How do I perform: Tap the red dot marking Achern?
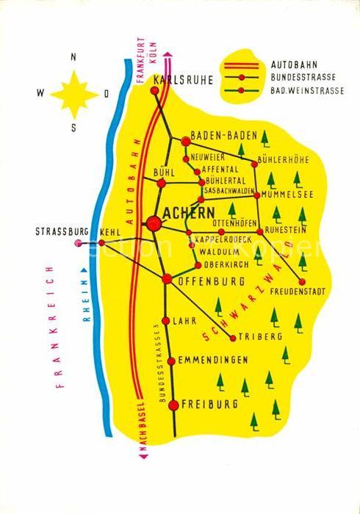coord(154,222)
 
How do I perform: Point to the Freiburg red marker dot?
coord(173,405)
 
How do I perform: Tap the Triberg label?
coord(261,337)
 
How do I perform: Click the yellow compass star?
coord(73,93)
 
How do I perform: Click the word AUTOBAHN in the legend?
coord(295,63)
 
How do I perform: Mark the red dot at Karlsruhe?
coord(154,91)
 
